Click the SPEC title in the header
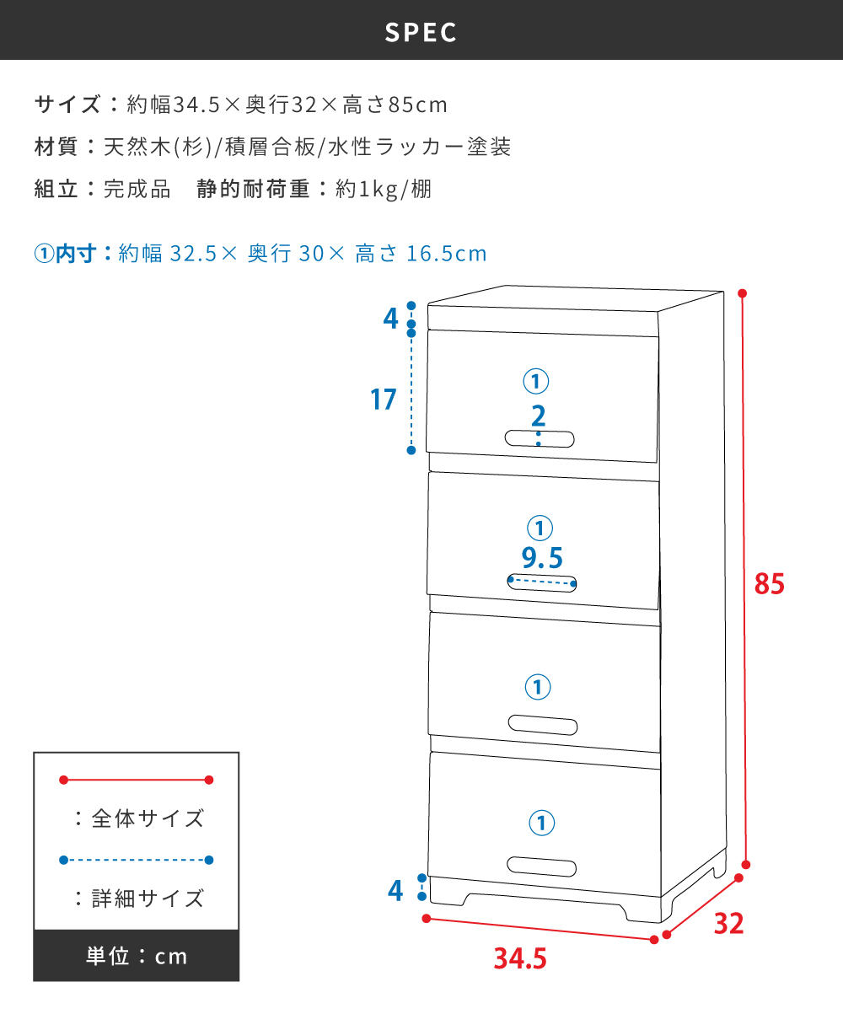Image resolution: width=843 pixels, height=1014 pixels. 421,32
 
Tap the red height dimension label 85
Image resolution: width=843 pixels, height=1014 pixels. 769,584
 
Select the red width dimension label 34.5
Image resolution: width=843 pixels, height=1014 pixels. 520,958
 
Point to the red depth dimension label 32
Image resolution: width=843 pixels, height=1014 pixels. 728,924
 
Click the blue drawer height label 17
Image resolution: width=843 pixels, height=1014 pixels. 383,400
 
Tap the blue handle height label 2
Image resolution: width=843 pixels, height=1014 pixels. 538,416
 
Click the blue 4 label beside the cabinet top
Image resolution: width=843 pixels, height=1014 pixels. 391,319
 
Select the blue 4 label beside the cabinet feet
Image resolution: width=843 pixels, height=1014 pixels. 395,891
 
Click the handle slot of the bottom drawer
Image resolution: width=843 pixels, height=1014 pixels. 541,866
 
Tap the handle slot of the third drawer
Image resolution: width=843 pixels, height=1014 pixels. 542,725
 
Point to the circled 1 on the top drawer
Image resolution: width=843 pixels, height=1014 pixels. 535,381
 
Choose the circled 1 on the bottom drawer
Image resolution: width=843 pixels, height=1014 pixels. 541,823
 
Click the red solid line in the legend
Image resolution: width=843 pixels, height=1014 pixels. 136,780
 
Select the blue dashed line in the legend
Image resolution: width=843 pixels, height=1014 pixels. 136,860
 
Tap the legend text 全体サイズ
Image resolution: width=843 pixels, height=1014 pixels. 148,818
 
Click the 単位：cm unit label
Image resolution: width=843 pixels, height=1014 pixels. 137,956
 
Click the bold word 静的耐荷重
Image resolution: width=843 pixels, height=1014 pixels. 253,189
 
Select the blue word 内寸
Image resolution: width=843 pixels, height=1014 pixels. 76,254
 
